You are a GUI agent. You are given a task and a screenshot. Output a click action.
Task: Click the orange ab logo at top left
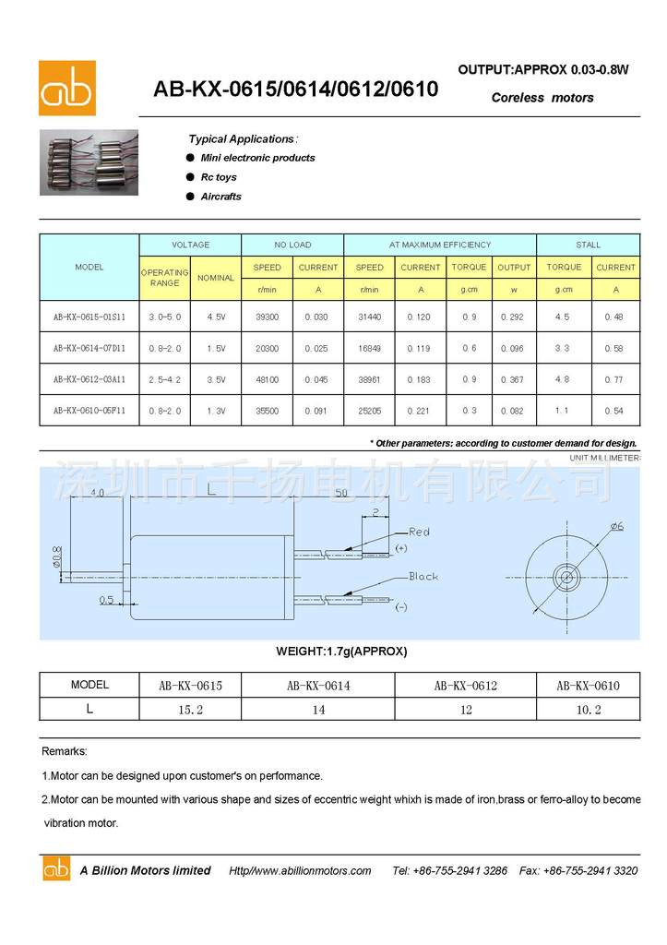coord(66,88)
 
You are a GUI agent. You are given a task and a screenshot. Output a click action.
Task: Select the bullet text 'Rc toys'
coord(219,177)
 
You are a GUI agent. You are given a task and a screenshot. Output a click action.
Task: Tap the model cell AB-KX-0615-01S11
coord(89,316)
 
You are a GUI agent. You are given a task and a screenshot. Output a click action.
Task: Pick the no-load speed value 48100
coord(267,378)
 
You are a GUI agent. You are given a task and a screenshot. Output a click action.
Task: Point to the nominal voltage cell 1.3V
coord(216,410)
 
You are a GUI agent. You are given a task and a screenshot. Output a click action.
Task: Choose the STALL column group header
coord(588,245)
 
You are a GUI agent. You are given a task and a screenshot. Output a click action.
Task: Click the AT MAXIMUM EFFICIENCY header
coord(439,245)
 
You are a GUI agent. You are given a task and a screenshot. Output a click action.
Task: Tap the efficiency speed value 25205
coord(369,410)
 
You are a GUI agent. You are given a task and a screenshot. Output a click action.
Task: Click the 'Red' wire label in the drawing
coord(419,532)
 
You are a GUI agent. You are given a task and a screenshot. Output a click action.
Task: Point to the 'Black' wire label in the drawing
coord(423,577)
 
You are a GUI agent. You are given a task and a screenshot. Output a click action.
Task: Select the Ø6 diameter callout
coord(616,526)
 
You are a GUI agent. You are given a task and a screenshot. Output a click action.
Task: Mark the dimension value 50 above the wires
coord(340,494)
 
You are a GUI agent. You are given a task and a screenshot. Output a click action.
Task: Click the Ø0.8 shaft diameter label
coord(56,556)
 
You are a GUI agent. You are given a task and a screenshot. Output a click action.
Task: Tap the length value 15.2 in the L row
coord(190,709)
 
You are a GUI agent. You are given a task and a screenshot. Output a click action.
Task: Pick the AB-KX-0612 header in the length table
coord(465,686)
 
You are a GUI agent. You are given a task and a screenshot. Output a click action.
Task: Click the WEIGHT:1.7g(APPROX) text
coord(341,652)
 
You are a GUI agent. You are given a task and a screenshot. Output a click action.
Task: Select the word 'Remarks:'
coord(65,752)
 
